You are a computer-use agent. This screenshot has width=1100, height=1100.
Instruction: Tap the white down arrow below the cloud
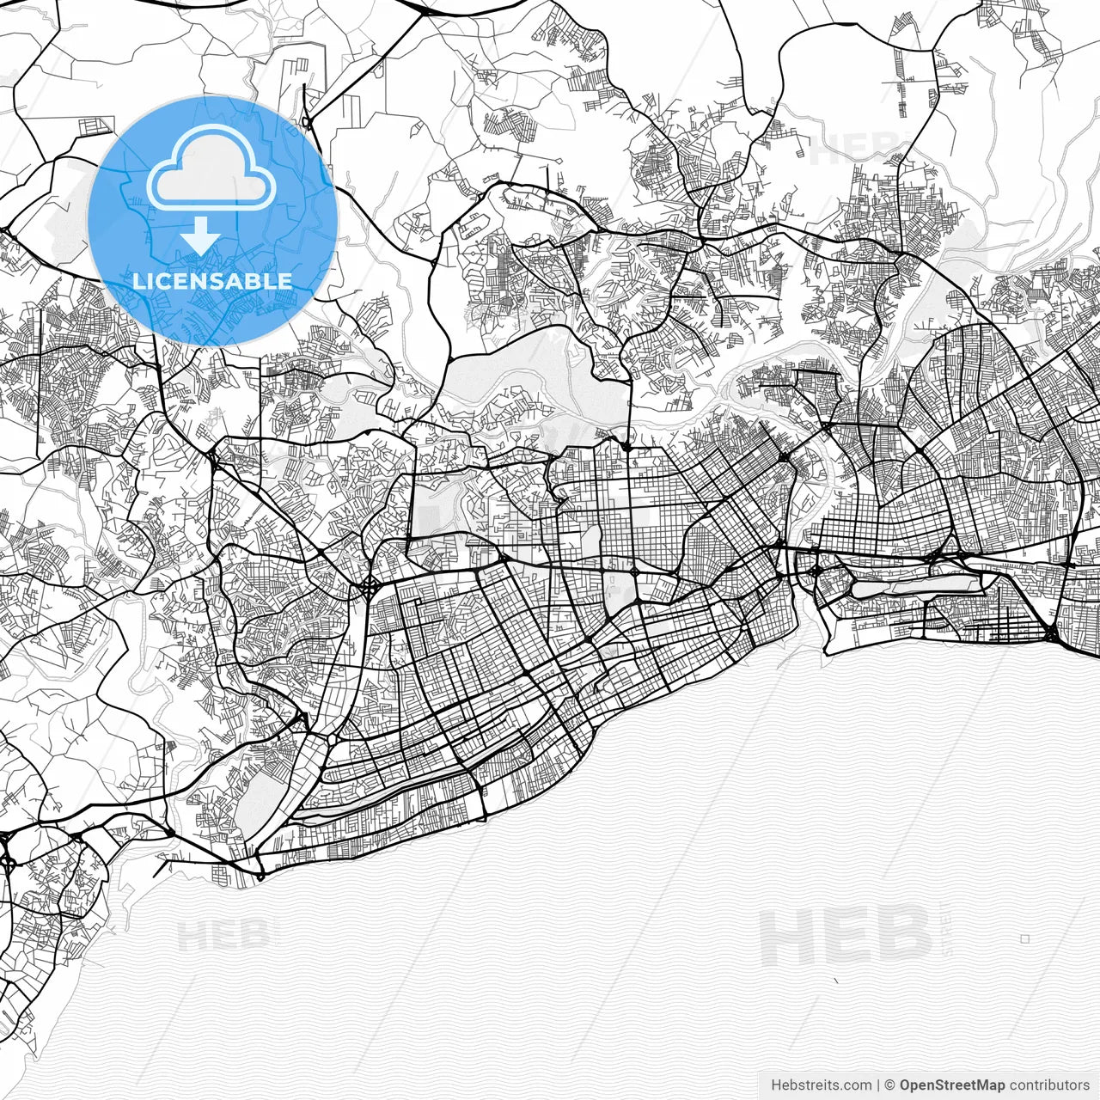click(201, 235)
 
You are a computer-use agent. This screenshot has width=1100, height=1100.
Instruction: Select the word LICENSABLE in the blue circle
click(212, 281)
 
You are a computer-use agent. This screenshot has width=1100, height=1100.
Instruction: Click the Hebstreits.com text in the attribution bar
click(821, 1085)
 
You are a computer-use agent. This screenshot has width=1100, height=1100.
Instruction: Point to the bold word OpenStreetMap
click(951, 1085)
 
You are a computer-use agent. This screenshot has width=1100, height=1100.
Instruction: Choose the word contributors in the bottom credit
click(1049, 1085)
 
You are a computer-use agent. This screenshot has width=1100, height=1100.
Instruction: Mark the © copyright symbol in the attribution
click(890, 1085)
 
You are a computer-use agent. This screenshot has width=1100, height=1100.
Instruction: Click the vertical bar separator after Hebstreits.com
click(877, 1085)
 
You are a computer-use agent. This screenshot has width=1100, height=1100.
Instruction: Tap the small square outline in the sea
click(1024, 939)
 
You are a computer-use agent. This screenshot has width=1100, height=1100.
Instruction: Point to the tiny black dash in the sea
click(837, 981)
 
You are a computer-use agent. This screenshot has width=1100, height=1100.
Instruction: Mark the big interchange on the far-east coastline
click(1050, 634)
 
